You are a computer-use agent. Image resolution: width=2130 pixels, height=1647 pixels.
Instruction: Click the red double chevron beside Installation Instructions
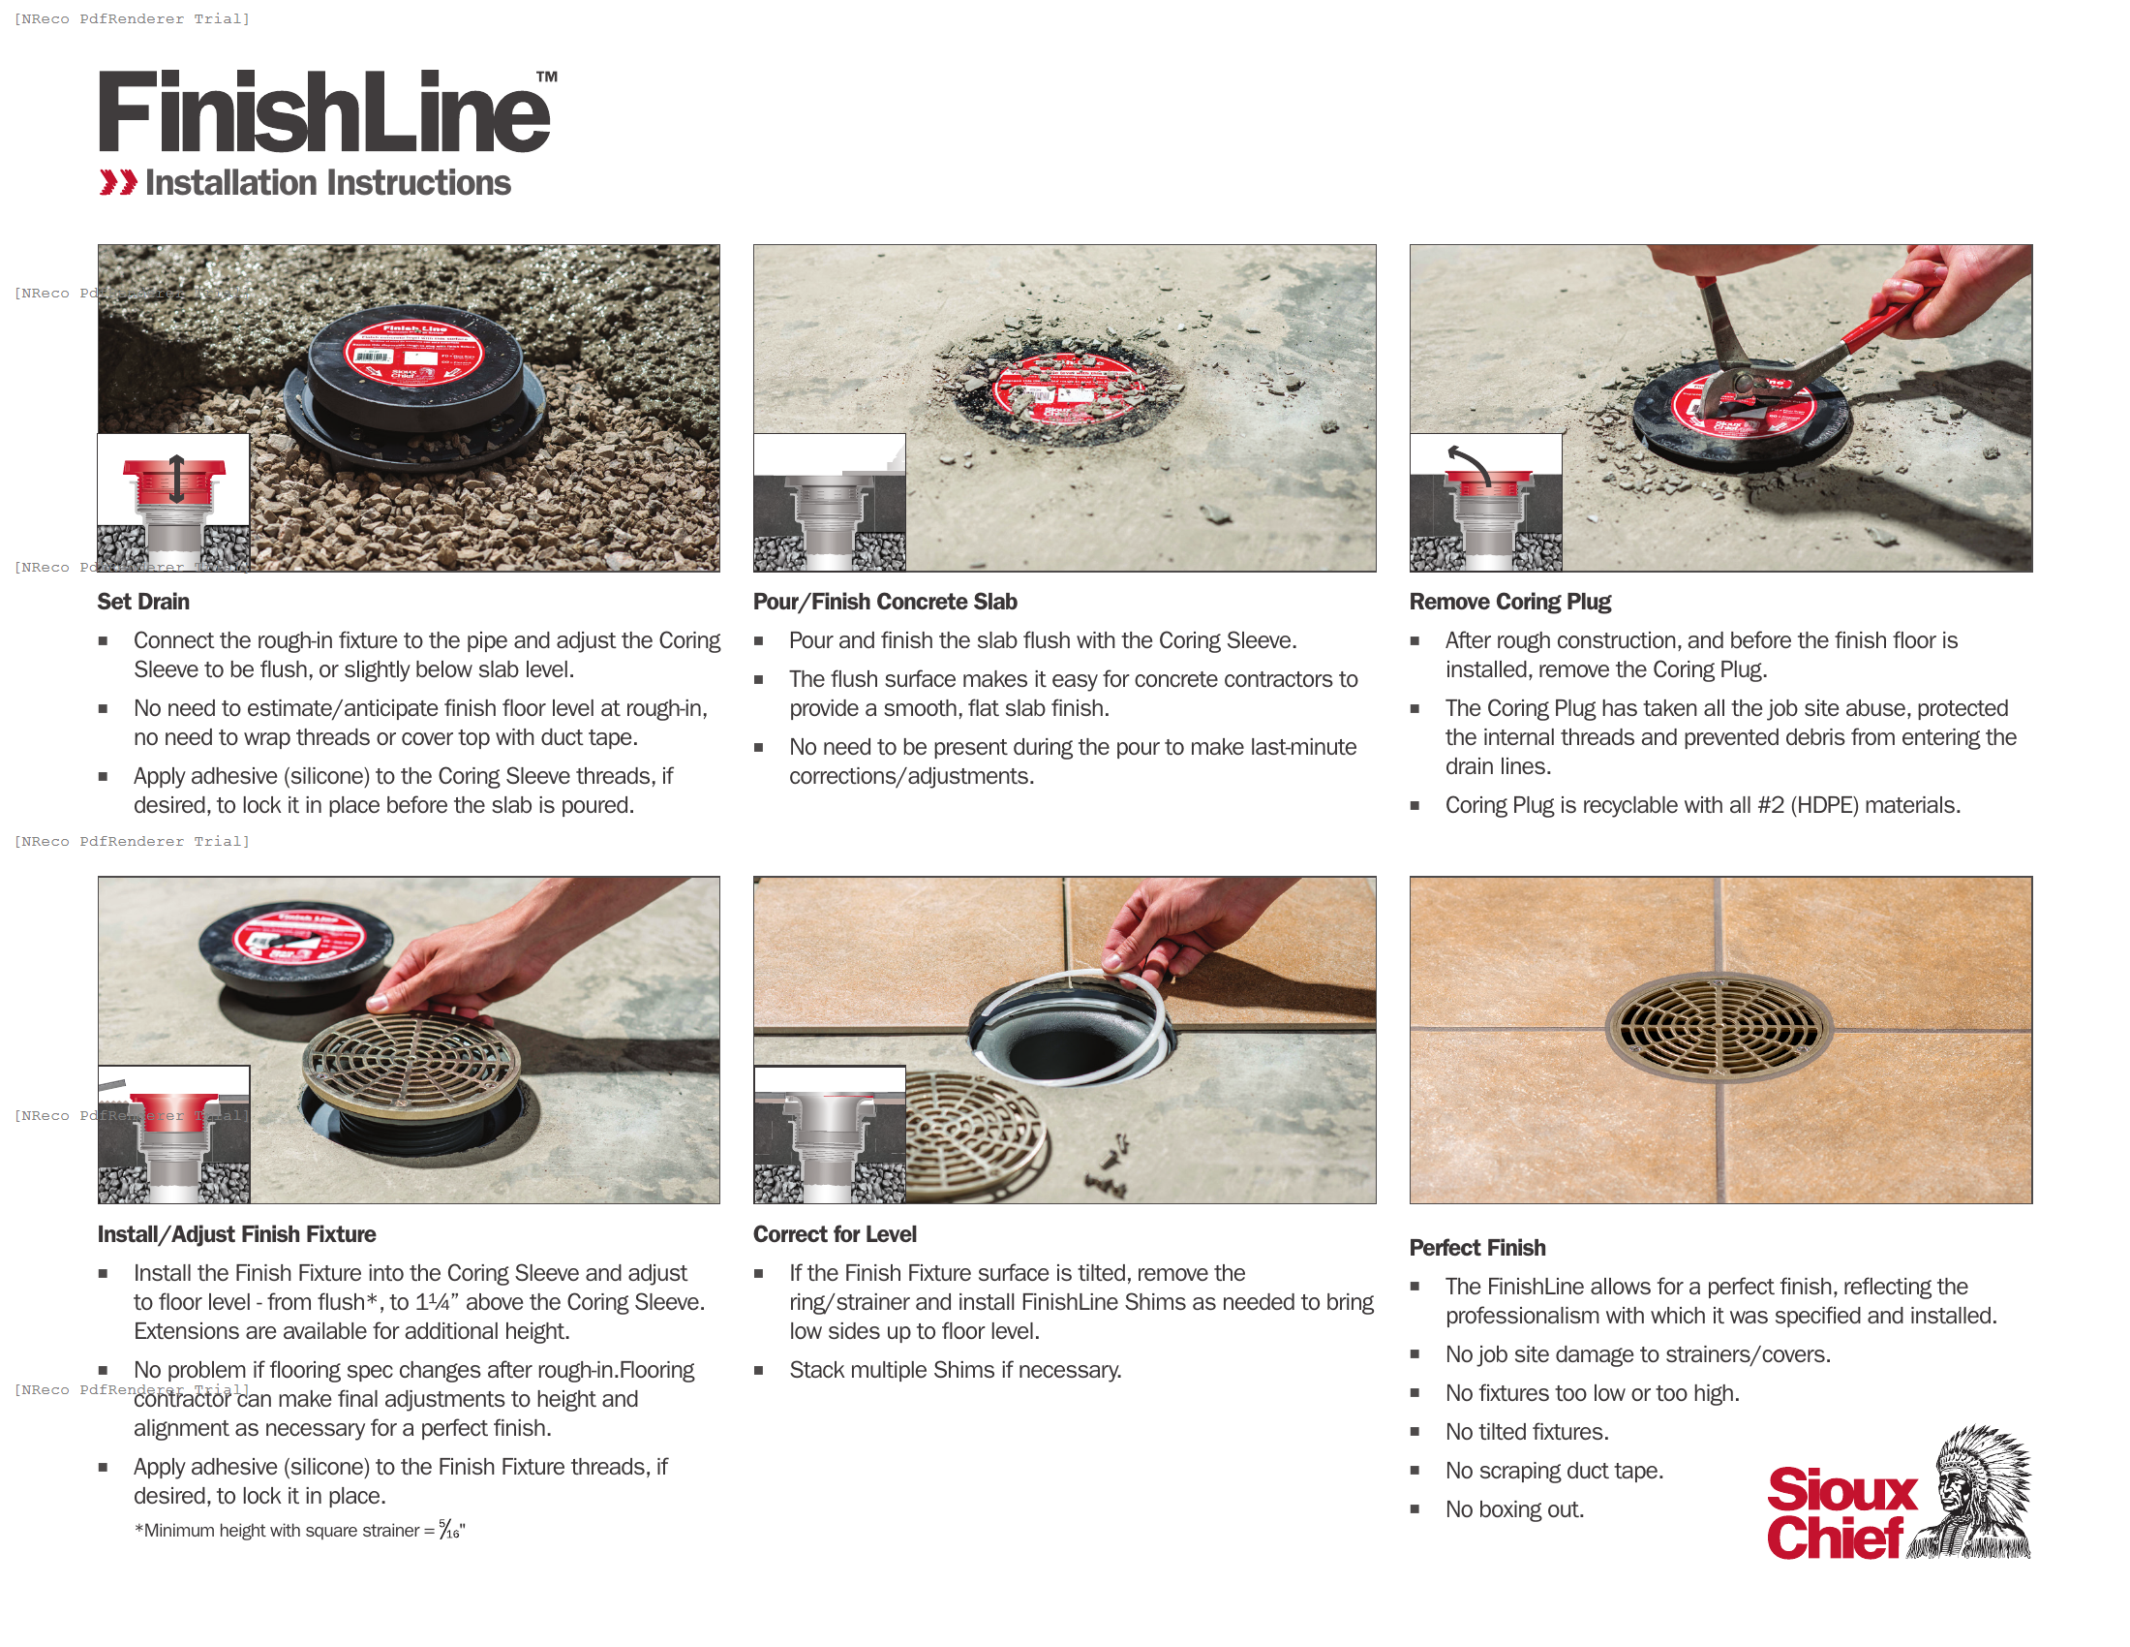pyautogui.click(x=118, y=182)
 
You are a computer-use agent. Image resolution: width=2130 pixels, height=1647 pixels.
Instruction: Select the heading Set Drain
pyautogui.click(x=143, y=602)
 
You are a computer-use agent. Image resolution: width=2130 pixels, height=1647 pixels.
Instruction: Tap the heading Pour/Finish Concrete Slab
pyautogui.click(x=885, y=602)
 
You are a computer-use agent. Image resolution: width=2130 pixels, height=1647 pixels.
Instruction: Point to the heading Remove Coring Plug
pyautogui.click(x=1509, y=602)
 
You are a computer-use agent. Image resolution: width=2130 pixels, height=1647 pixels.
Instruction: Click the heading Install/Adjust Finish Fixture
pyautogui.click(x=236, y=1234)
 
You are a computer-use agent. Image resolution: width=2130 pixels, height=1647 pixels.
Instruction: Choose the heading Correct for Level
pyautogui.click(x=835, y=1234)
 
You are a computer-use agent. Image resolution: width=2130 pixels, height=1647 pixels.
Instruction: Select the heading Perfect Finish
pyautogui.click(x=1476, y=1248)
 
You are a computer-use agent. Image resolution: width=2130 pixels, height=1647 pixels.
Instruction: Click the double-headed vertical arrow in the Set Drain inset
pyautogui.click(x=176, y=478)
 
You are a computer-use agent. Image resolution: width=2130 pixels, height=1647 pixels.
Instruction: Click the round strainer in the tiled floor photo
pyautogui.click(x=1719, y=1026)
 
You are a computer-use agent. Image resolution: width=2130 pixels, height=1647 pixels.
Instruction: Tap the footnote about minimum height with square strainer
pyautogui.click(x=299, y=1530)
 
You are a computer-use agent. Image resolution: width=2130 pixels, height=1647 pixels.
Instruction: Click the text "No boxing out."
pyautogui.click(x=1513, y=1509)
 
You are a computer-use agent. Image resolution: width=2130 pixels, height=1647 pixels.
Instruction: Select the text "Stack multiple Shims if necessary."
pyautogui.click(x=955, y=1370)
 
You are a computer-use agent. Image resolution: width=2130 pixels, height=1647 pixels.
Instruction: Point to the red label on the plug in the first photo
pyautogui.click(x=411, y=350)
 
